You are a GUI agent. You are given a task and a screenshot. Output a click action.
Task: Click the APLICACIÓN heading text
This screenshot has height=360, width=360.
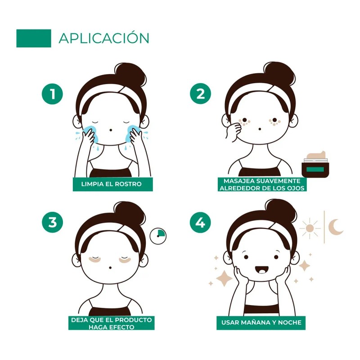(103, 38)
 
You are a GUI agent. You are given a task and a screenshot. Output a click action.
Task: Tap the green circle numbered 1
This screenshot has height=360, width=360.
(53, 94)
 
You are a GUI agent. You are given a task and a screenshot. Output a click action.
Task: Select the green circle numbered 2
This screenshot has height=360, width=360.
(201, 94)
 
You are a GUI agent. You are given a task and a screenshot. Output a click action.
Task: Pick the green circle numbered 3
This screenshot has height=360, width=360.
(53, 223)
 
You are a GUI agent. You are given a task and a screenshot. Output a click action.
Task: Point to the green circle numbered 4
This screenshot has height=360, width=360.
(201, 223)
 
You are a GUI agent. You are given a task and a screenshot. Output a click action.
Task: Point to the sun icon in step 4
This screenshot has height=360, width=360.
(310, 228)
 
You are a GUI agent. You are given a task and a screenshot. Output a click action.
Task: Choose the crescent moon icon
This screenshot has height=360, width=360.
(336, 227)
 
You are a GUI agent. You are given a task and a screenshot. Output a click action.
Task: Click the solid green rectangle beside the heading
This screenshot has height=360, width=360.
(34, 38)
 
